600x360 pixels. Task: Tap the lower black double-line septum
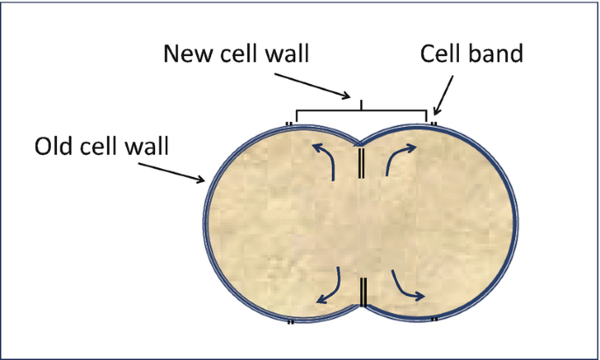tap(361, 292)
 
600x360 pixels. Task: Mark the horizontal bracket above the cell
tap(361, 112)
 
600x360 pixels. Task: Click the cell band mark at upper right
tap(434, 124)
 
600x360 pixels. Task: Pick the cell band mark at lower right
tap(434, 320)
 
